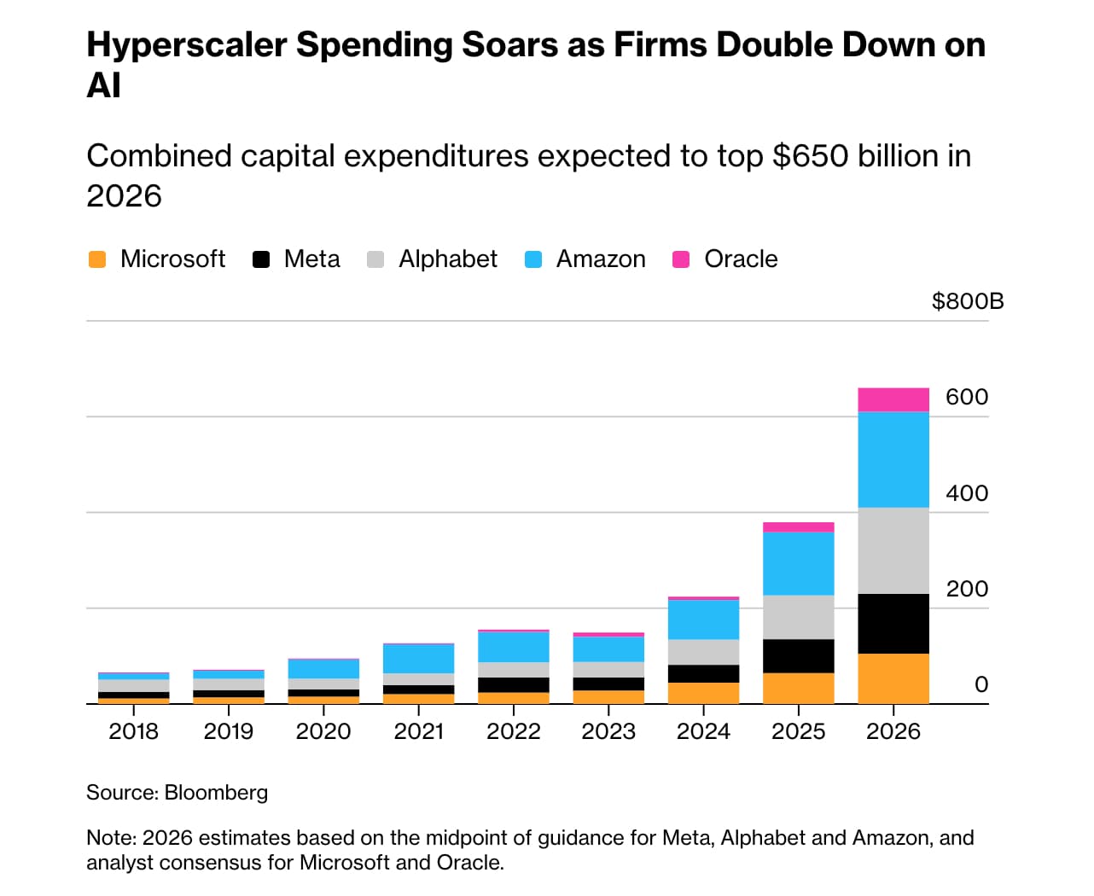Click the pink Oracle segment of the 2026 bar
click(893, 399)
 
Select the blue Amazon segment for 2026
click(893, 460)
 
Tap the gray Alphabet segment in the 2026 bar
click(893, 550)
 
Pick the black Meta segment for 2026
click(893, 624)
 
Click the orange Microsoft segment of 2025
click(798, 688)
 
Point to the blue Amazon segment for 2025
click(798, 563)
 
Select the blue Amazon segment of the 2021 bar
click(418, 659)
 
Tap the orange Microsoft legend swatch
click(97, 259)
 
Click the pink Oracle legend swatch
click(681, 259)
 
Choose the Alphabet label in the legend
click(447, 259)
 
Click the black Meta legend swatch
click(261, 259)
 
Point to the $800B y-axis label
click(967, 301)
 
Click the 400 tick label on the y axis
click(966, 493)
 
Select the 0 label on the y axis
click(981, 684)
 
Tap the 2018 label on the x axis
click(133, 731)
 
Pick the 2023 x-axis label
click(608, 731)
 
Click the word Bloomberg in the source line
click(216, 793)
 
